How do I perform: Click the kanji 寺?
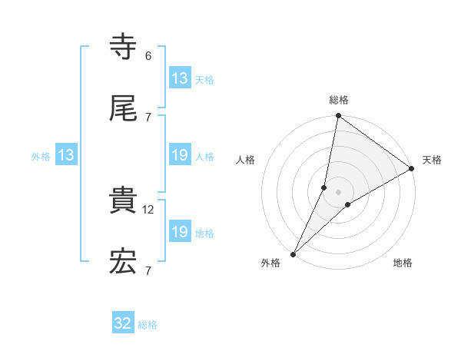(x=123, y=48)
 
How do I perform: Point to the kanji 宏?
(x=123, y=262)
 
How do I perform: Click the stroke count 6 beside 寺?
(x=148, y=56)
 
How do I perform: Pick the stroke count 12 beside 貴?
(x=150, y=209)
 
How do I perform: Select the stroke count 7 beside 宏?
(x=148, y=270)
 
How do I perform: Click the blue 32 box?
(x=123, y=323)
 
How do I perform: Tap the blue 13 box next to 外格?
(x=65, y=156)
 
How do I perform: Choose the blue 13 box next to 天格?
(x=180, y=78)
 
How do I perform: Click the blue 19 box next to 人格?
(x=180, y=156)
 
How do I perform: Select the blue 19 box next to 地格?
(x=180, y=232)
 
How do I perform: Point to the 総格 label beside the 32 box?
(x=148, y=325)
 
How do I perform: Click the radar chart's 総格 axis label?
(x=339, y=100)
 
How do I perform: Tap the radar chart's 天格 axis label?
(x=432, y=160)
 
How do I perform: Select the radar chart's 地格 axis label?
(x=403, y=263)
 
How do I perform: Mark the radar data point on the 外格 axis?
(x=294, y=253)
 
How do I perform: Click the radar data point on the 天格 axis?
(x=412, y=169)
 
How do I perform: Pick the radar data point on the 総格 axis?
(x=339, y=116)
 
